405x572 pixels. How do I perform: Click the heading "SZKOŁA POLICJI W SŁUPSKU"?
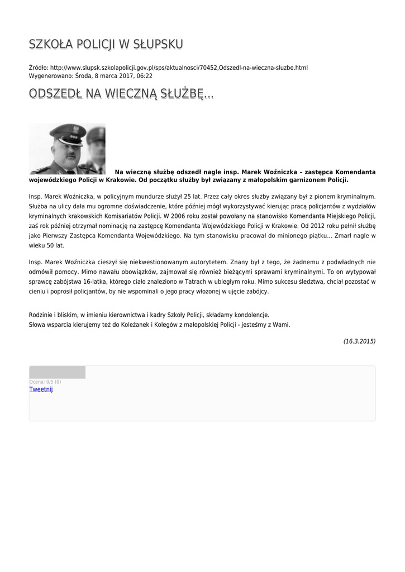106,44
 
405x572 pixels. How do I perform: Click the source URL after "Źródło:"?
179,68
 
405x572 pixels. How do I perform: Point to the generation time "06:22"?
145,75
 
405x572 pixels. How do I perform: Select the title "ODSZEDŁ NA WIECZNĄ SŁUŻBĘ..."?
121,94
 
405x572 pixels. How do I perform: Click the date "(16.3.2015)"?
359,341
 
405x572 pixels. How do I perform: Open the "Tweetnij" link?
41,389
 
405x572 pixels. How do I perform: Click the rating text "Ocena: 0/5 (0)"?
45,382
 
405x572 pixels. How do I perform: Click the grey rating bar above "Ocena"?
57,372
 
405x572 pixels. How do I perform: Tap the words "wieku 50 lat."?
46,245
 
